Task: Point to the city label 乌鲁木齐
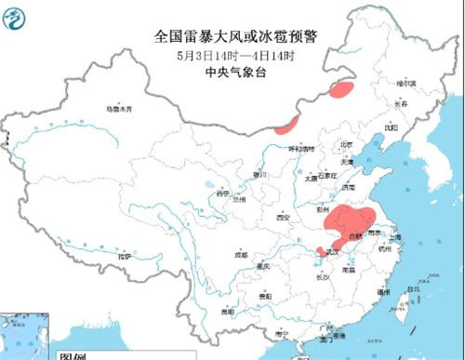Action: point(118,109)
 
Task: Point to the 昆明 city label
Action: point(227,312)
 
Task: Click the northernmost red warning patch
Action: point(340,90)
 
